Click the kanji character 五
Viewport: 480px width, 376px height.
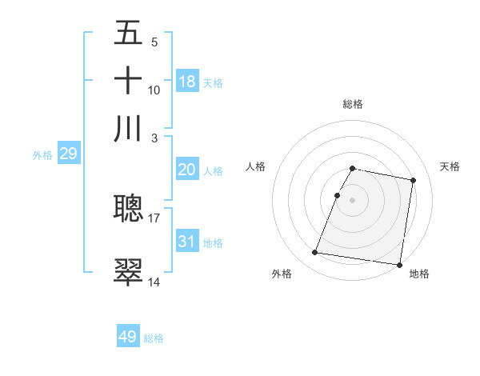[x=128, y=34]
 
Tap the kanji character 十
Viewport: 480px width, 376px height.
[x=128, y=81]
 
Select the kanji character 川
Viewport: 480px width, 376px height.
[x=128, y=129]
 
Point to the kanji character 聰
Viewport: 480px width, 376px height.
[x=128, y=210]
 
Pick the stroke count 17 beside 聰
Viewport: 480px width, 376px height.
[x=154, y=217]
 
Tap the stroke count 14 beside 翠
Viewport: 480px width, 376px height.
[x=154, y=281]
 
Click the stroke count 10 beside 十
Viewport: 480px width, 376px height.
[x=154, y=90]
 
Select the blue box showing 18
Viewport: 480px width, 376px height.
[x=187, y=81]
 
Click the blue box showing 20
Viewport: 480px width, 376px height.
[x=187, y=170]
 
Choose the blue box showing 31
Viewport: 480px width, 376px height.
[x=187, y=241]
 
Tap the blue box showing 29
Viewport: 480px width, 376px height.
[x=68, y=154]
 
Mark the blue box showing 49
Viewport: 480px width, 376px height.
[x=128, y=337]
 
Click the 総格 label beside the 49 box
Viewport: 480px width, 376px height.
[x=154, y=338]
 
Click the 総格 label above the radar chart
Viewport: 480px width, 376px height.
[x=353, y=104]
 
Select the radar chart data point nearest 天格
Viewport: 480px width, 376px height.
[x=414, y=181]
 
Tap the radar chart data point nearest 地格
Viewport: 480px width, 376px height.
[x=399, y=265]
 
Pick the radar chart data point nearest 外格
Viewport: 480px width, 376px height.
[x=315, y=253]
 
